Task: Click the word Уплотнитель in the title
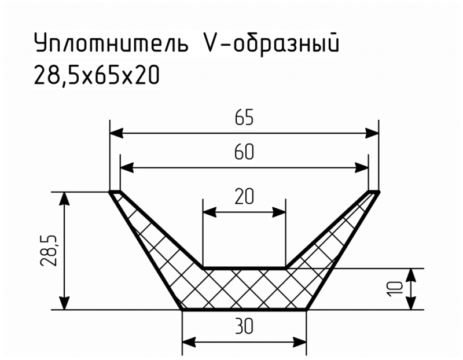click(111, 43)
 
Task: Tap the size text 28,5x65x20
click(97, 75)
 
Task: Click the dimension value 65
click(244, 117)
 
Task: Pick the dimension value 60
click(244, 152)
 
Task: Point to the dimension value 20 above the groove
click(244, 197)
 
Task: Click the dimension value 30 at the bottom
click(244, 327)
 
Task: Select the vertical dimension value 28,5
click(49, 251)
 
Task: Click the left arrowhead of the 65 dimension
click(116, 133)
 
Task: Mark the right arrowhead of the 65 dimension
click(372, 133)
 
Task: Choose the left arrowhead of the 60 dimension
click(127, 168)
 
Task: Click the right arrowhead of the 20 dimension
click(279, 212)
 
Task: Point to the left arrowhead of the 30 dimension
click(189, 343)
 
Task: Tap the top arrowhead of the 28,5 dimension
click(64, 199)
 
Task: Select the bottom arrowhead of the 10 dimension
click(411, 303)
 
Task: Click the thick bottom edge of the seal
click(244, 310)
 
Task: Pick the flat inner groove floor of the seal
click(244, 268)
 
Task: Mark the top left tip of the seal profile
click(110, 192)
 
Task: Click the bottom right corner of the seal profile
click(307, 310)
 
